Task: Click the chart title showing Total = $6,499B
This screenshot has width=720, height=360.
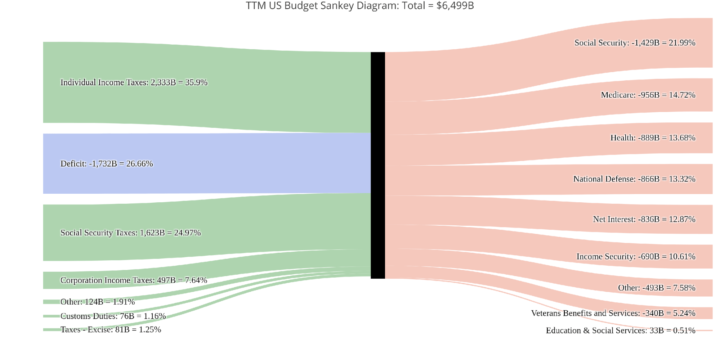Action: coord(359,6)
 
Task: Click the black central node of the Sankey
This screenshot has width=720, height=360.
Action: coord(377,165)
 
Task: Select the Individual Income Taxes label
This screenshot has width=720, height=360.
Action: coord(134,82)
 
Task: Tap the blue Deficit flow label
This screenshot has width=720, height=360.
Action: coord(106,164)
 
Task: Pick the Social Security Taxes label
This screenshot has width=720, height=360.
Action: coord(130,233)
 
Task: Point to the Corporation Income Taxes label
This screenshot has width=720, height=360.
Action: coord(133,280)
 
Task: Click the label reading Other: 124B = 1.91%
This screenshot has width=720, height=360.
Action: coord(97,302)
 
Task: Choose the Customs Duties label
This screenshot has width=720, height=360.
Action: coord(113,316)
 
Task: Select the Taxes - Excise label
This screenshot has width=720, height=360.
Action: coord(111,330)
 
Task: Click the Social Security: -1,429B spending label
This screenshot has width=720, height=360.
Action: coord(635,43)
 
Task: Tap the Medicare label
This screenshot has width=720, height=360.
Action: coord(648,95)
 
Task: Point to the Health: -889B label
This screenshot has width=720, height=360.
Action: coord(653,138)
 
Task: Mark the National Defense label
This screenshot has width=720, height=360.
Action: coord(634,179)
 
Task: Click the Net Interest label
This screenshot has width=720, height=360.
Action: coord(644,219)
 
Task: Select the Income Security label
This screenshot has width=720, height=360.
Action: coord(636,257)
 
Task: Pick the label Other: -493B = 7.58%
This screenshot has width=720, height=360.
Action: coord(656,288)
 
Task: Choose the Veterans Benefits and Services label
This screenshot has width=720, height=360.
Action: coord(613,313)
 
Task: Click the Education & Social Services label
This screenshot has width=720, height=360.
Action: coord(620,330)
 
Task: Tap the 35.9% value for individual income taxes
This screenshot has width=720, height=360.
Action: coord(196,82)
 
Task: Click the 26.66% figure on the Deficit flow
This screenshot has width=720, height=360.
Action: coord(139,164)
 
